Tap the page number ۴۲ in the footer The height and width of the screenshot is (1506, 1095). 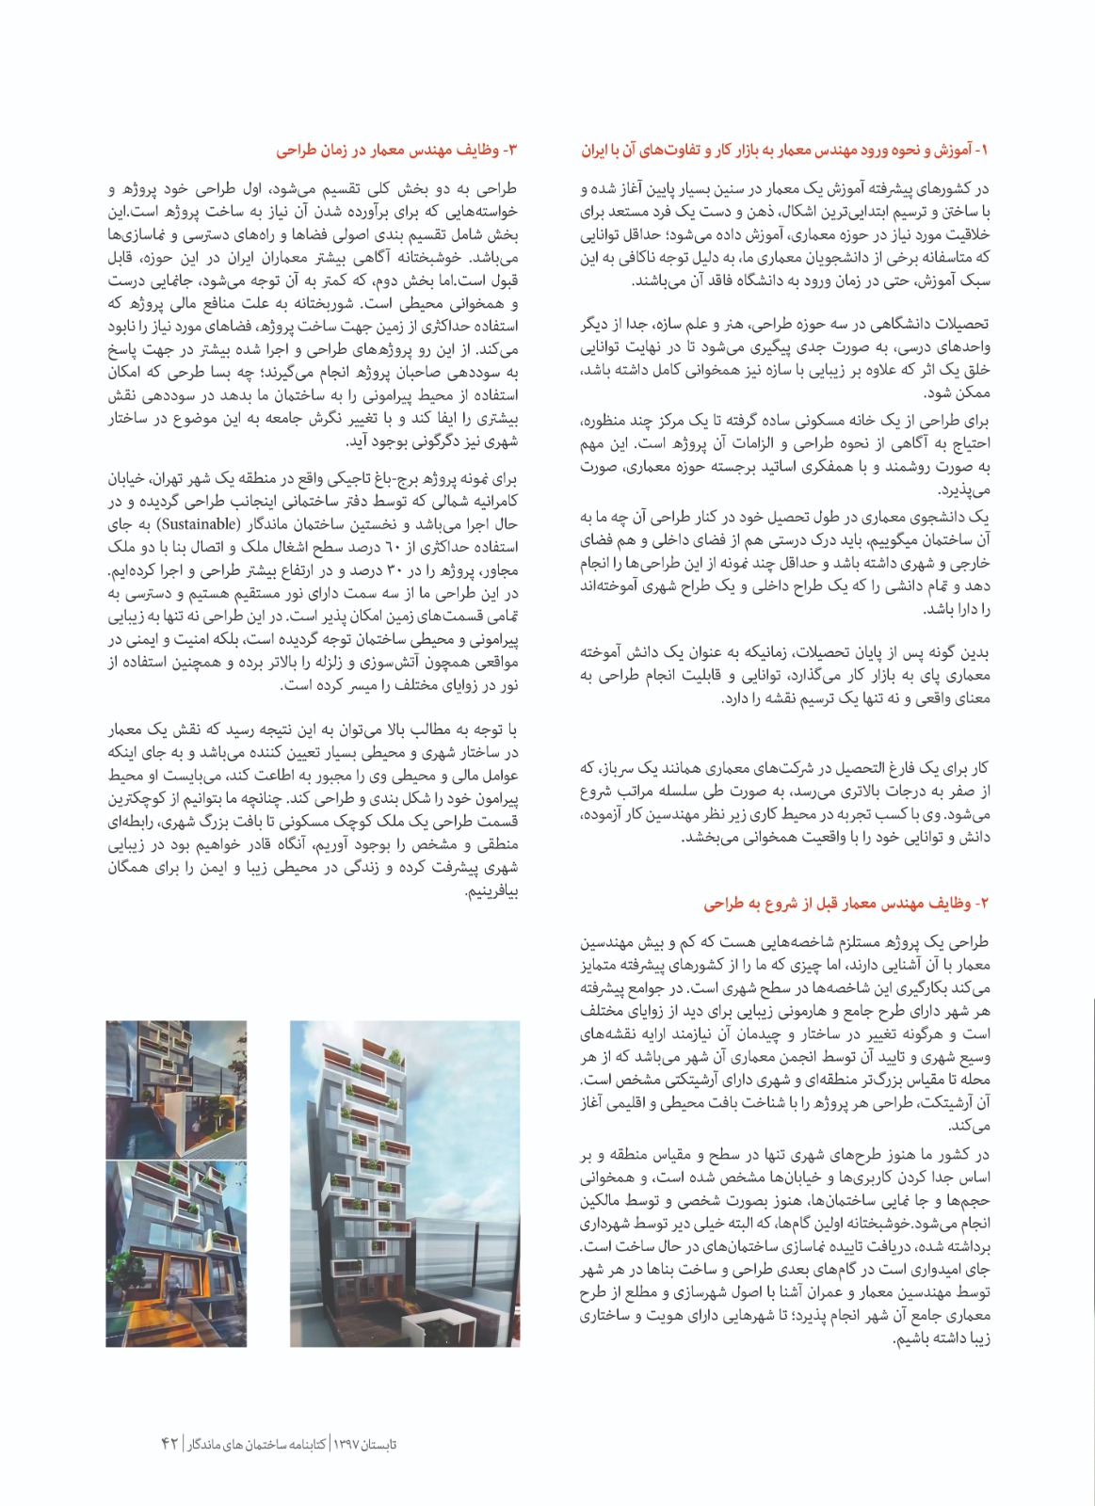point(171,1443)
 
